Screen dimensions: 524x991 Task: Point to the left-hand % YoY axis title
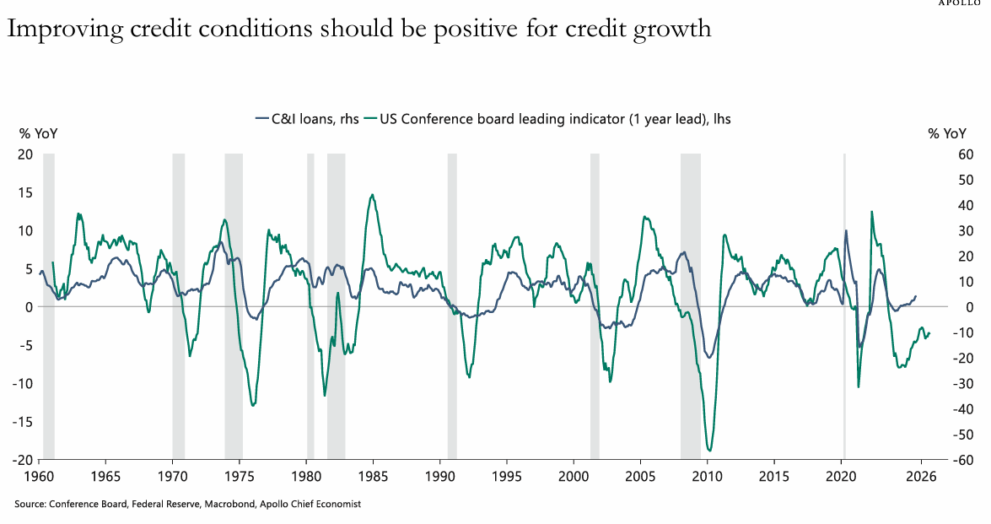click(x=39, y=133)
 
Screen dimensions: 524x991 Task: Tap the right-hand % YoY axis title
click(x=947, y=133)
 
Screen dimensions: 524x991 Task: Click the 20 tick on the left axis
click(x=25, y=154)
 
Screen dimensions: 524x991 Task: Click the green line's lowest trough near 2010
click(x=709, y=451)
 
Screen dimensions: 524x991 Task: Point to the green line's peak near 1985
click(x=372, y=195)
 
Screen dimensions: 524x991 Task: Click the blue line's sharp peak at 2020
click(x=846, y=230)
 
